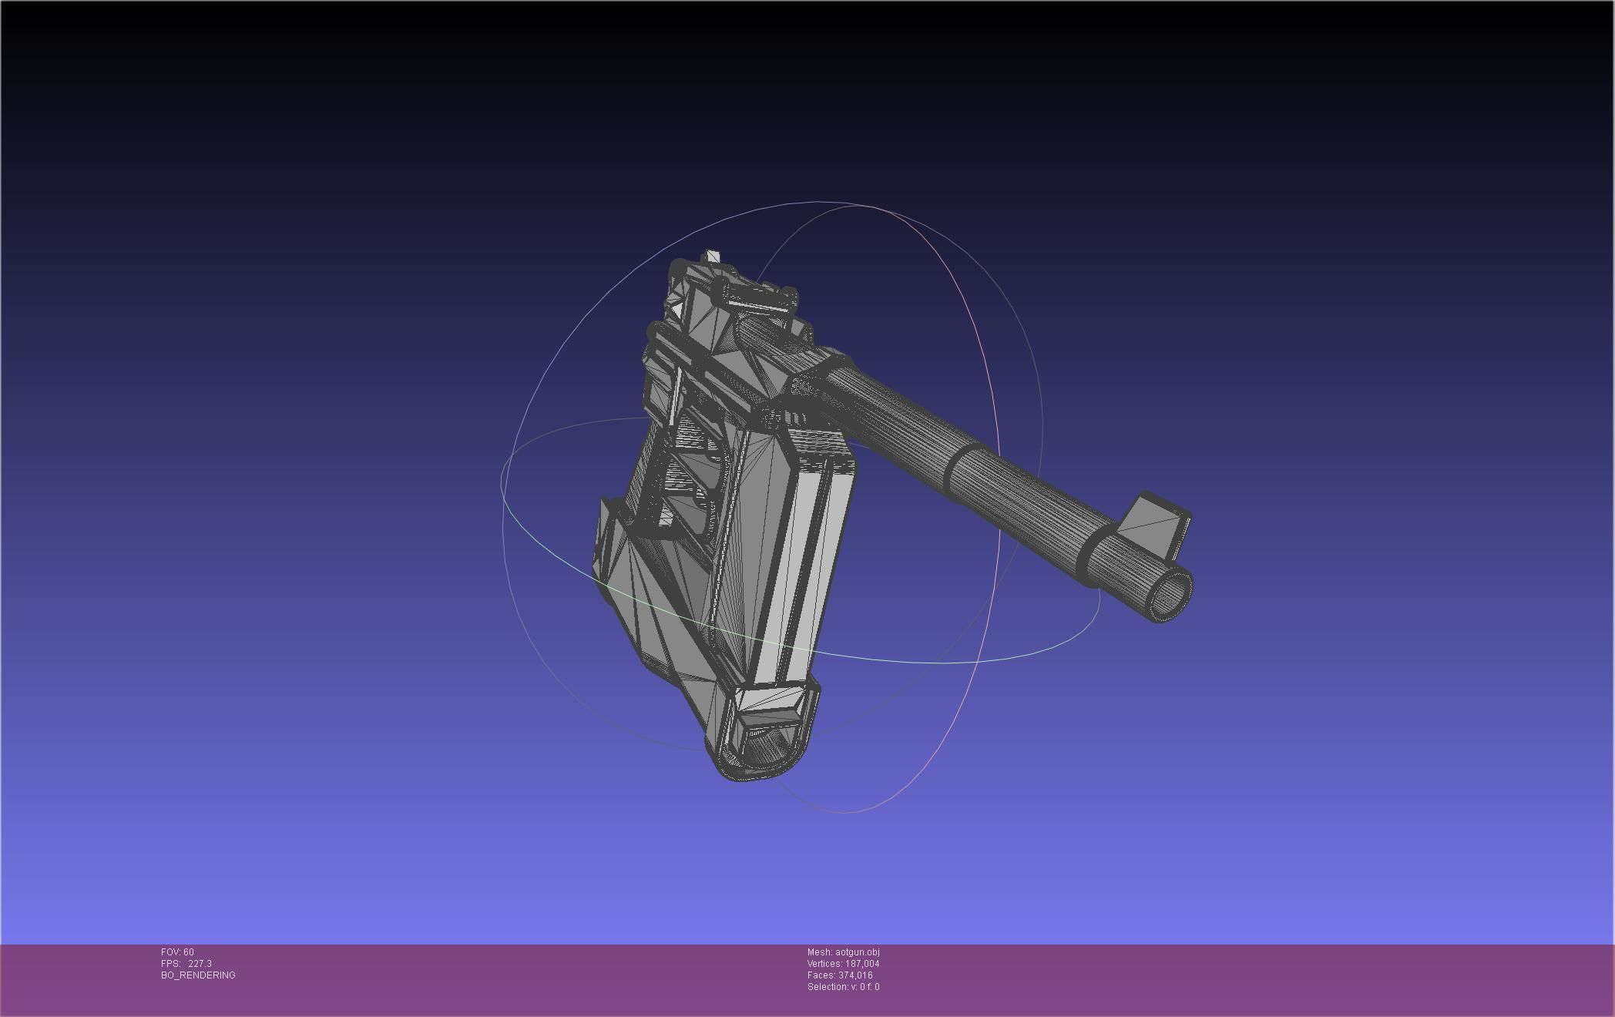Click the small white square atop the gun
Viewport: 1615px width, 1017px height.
coord(713,257)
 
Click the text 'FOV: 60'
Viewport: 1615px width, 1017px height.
coord(177,952)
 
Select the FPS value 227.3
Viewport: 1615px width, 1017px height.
coord(200,964)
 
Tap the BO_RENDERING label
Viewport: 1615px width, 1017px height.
coord(198,975)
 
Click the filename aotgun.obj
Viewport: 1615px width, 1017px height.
coord(857,952)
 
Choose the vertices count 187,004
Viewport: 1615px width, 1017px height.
coord(862,964)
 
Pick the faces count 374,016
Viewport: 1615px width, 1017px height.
coord(855,975)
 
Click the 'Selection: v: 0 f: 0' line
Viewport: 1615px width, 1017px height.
coord(843,987)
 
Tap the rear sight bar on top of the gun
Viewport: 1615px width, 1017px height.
coord(759,297)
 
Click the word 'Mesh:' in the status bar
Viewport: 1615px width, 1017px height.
coord(820,952)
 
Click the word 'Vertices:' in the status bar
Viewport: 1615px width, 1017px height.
coord(824,964)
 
